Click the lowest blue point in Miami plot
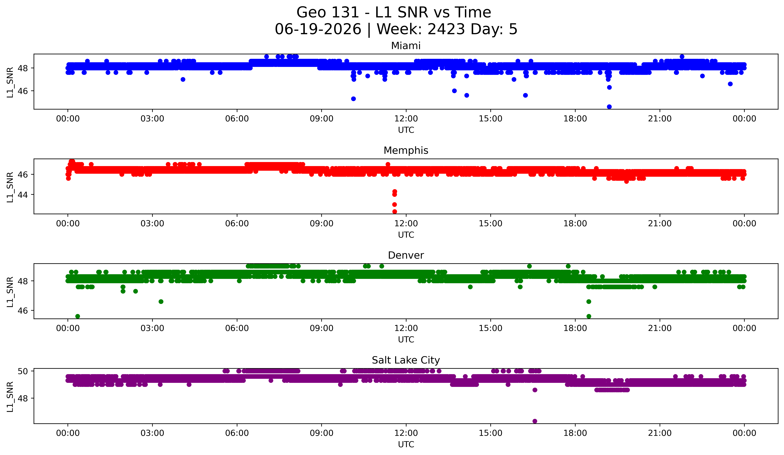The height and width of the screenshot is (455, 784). [609, 107]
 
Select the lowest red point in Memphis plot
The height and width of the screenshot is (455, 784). [394, 212]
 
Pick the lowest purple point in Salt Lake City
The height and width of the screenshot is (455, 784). [535, 421]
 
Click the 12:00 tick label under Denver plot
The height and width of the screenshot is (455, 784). [406, 328]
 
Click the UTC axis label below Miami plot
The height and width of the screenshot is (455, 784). [406, 130]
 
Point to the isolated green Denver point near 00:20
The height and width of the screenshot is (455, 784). [78, 316]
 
